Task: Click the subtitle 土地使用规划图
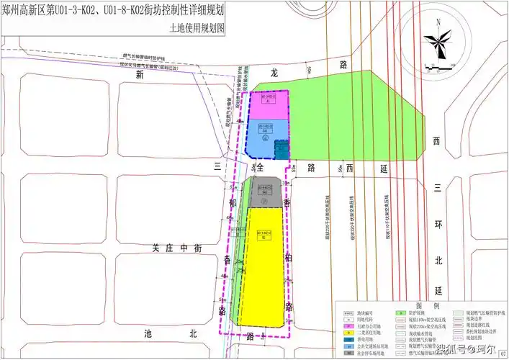click(197, 29)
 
